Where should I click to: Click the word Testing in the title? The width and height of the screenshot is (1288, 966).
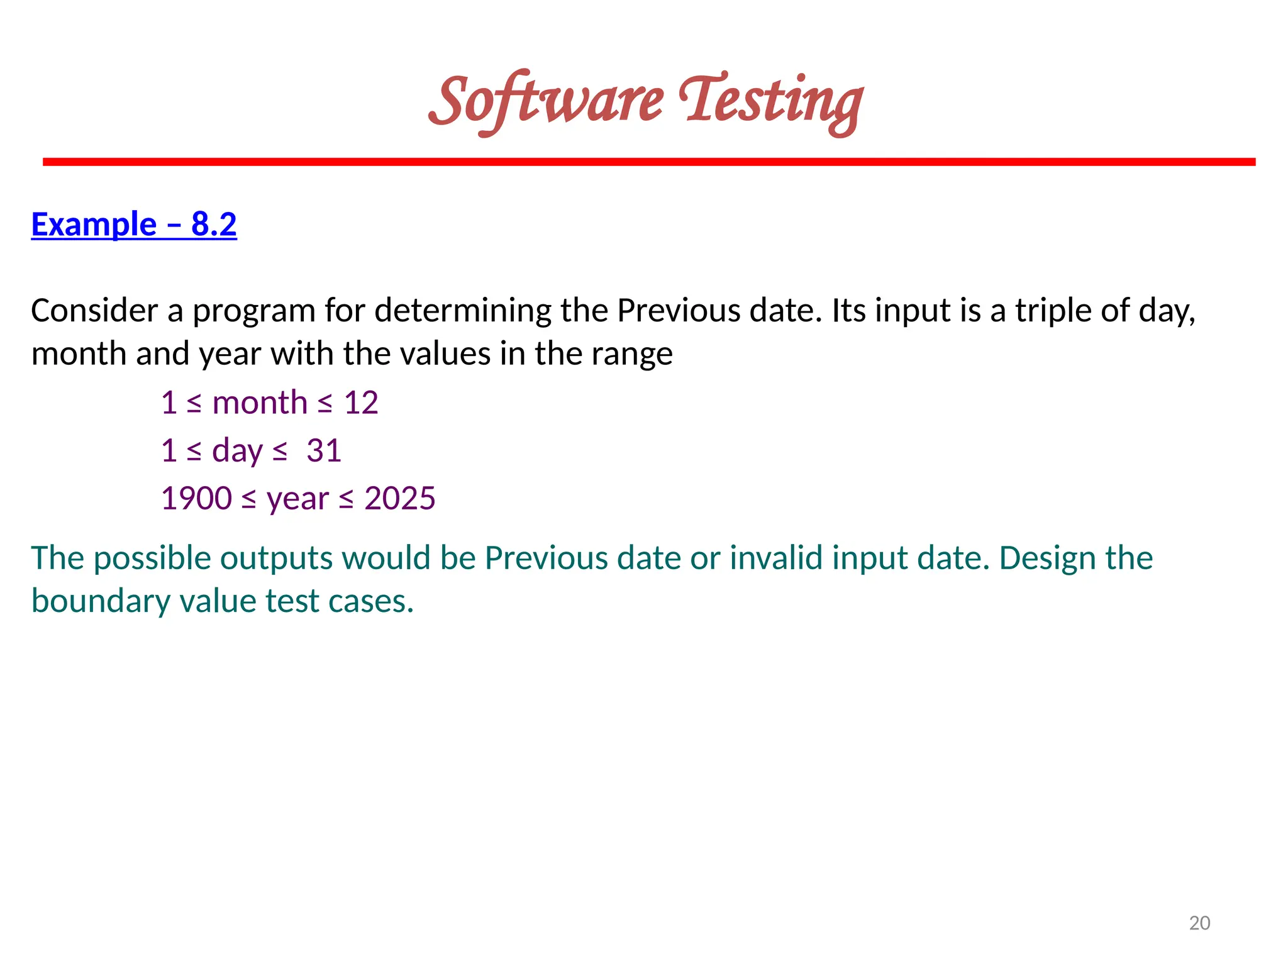tap(771, 102)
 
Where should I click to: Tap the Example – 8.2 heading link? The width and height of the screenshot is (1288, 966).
tap(134, 225)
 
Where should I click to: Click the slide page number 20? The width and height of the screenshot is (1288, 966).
tap(1199, 923)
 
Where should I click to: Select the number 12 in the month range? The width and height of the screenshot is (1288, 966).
tap(361, 402)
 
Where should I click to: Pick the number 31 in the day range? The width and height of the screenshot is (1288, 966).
tap(324, 451)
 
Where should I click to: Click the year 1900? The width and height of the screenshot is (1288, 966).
tap(196, 499)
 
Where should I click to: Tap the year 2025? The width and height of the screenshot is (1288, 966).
tap(400, 499)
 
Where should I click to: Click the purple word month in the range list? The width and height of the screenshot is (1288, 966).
tap(260, 402)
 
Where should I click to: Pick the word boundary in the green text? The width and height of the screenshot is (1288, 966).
tap(101, 601)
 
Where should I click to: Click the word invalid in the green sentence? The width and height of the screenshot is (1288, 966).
tap(775, 558)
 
